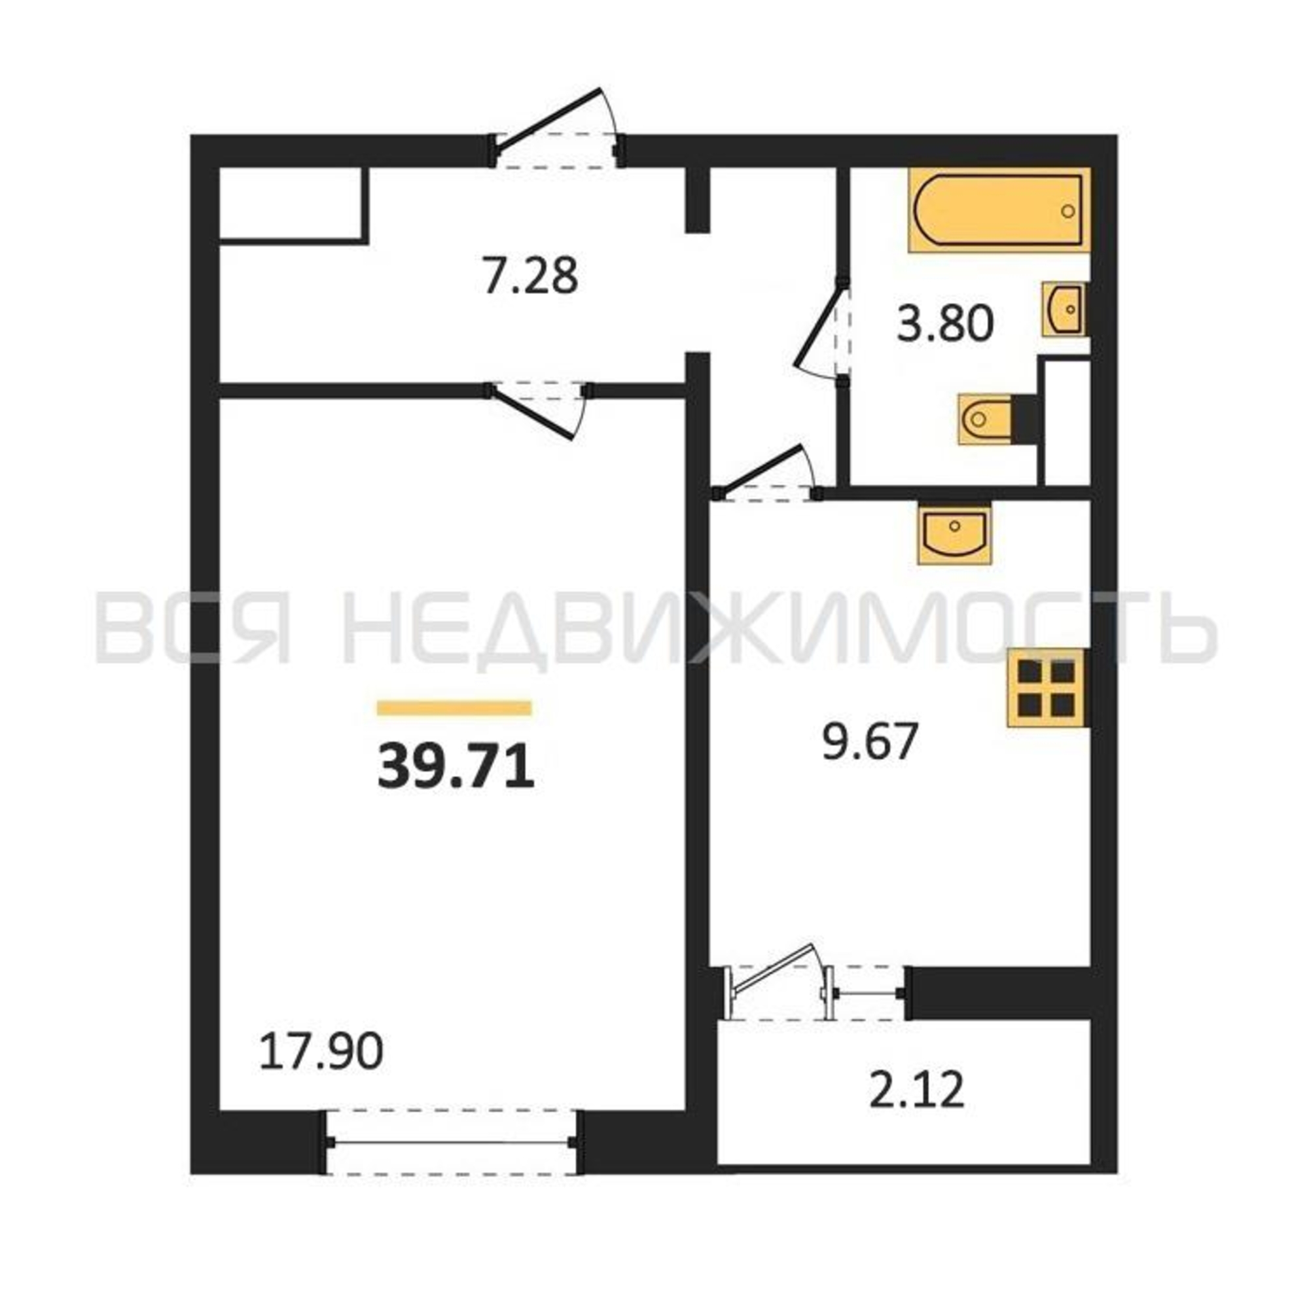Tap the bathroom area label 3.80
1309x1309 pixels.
coord(946,323)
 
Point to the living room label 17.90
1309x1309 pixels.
coord(321,1052)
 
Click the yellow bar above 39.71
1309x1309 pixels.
coord(454,708)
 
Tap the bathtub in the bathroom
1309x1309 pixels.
coord(999,210)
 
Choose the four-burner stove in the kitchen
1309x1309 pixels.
coord(1047,688)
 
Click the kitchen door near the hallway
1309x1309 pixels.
coord(767,474)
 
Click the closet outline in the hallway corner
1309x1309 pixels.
coord(293,205)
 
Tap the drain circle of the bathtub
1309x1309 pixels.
coord(1069,211)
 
